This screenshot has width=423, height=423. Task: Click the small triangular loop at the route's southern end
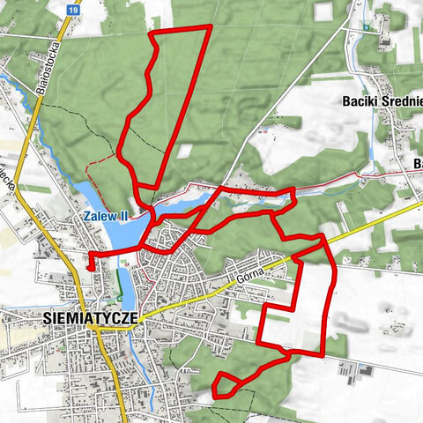click(x=226, y=385)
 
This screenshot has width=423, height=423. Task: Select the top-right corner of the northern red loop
click(x=209, y=27)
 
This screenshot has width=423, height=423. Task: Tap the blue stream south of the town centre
click(x=135, y=352)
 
